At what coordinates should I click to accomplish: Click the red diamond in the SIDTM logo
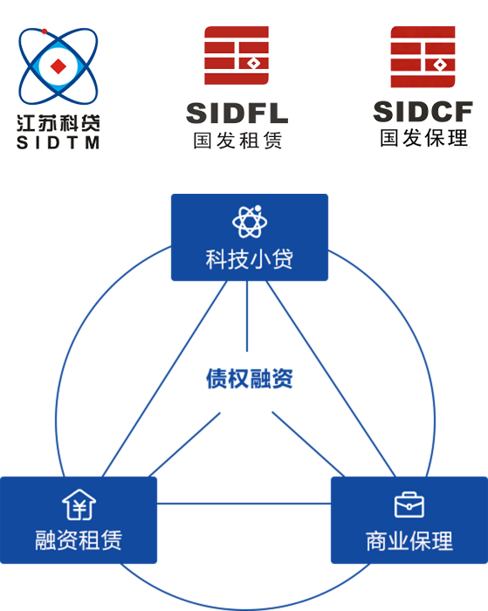point(58,66)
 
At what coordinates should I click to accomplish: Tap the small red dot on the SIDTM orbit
point(45,31)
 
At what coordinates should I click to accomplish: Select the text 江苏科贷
point(58,123)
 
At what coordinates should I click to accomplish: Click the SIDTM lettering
point(58,142)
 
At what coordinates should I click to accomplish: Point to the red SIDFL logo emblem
point(237,55)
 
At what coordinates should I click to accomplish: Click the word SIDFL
point(237,113)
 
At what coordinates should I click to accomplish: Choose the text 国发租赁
point(237,141)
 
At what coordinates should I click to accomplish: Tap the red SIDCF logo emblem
point(423,57)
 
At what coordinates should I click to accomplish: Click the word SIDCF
point(423,112)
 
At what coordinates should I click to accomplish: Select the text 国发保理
point(423,138)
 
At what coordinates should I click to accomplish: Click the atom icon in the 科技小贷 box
point(250,222)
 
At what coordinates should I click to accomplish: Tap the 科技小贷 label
point(250,259)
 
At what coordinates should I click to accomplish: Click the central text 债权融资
point(250,378)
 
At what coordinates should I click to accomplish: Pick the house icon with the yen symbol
point(79,505)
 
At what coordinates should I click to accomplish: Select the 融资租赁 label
point(79,540)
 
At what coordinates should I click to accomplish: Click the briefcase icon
point(409,505)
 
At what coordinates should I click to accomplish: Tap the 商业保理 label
point(409,541)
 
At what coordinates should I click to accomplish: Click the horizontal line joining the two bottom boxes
point(244,504)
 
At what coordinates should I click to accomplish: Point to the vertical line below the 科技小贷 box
point(247,316)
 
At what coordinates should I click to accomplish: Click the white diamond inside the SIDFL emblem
point(254,63)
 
